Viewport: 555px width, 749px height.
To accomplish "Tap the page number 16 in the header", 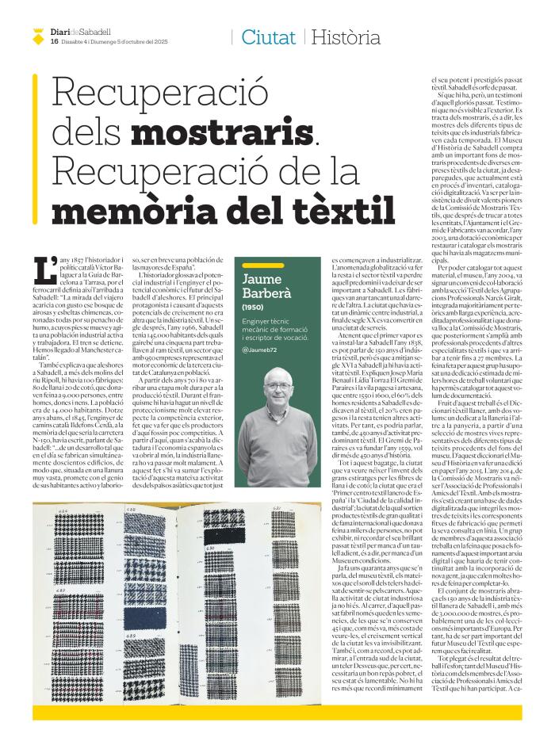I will pyautogui.click(x=54, y=41).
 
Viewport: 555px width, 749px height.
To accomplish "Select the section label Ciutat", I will pyautogui.click(x=269, y=36).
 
